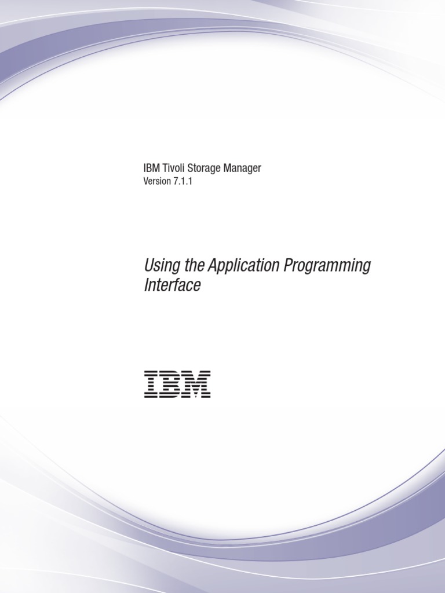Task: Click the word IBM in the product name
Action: click(149, 169)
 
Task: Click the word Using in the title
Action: click(159, 267)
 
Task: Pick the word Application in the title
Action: click(243, 267)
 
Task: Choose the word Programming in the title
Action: click(327, 267)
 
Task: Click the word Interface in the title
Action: click(172, 285)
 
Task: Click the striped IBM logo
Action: click(177, 384)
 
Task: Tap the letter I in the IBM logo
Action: click(151, 384)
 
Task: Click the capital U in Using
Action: click(148, 266)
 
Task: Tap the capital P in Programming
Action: click(288, 266)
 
